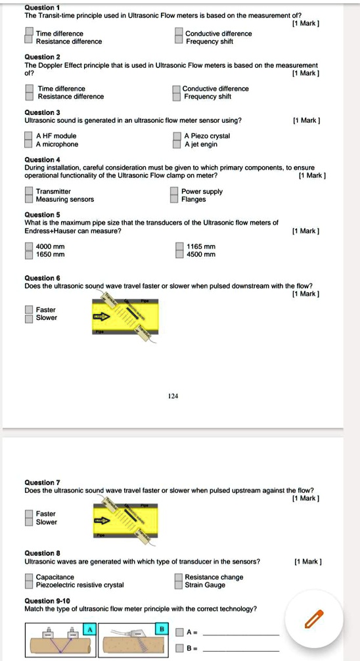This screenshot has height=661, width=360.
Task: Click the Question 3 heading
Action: coord(42,112)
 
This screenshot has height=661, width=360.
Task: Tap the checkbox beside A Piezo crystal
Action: coord(178,136)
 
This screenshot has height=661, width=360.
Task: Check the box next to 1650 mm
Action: coord(29,254)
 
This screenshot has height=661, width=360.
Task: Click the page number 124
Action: coord(173,396)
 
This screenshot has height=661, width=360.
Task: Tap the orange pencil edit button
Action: coord(315,618)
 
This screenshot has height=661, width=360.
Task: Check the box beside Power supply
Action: coord(174,191)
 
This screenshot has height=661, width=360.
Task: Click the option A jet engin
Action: coord(200,144)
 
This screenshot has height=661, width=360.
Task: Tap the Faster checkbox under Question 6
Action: coord(29,309)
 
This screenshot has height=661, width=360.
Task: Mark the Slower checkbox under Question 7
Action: coord(29,522)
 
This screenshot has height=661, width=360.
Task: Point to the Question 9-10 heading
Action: coord(47,601)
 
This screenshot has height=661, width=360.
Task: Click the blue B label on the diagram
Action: coord(158,628)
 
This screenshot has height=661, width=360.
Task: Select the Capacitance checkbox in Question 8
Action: coord(29,577)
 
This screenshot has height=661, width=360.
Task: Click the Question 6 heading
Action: coord(42,278)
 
